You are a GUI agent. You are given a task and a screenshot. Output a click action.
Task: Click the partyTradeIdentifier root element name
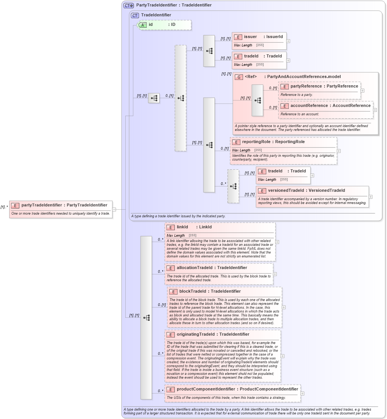click(42, 205)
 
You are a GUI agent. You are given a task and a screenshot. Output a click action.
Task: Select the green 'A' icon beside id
click(142, 25)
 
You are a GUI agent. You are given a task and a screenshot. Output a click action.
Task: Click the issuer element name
click(250, 37)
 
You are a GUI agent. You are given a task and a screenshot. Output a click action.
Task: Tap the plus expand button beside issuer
click(288, 41)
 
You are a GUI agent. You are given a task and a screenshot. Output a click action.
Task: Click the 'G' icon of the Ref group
click(239, 77)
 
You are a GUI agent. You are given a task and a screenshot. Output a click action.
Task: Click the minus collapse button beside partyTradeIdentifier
click(114, 209)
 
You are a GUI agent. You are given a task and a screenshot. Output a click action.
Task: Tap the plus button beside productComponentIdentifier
click(302, 394)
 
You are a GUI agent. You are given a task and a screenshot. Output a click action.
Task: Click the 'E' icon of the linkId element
click(171, 227)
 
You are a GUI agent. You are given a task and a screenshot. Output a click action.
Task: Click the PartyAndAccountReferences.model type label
click(304, 77)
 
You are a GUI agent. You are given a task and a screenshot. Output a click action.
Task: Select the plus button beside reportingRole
click(339, 151)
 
